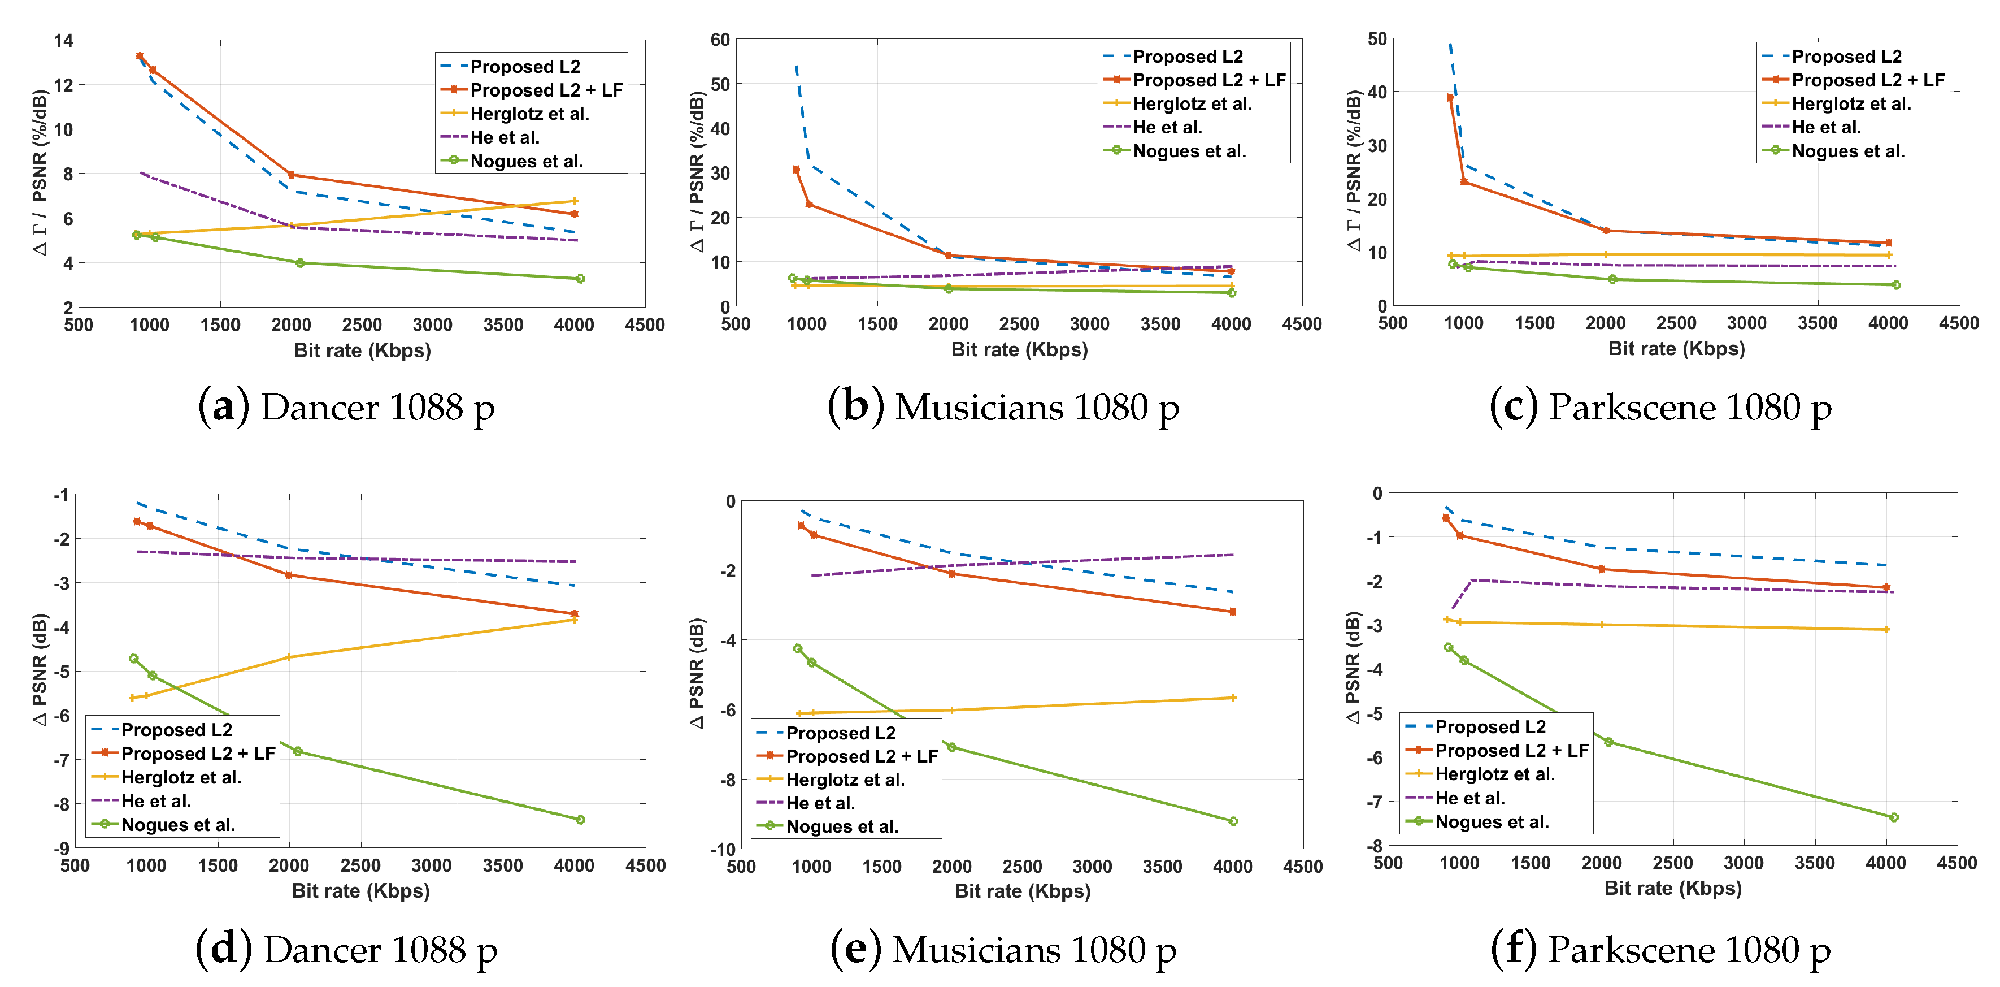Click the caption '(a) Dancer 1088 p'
346,407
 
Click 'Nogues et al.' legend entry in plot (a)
525,162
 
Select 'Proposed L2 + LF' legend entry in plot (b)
1208,80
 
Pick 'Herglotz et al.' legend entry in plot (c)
1851,103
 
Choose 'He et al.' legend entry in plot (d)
155,800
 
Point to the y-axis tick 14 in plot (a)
64,40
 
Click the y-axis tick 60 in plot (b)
720,40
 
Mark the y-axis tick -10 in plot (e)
722,849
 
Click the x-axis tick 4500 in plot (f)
1956,863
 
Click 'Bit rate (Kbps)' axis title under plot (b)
1019,349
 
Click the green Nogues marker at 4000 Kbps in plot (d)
580,819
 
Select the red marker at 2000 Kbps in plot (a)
291,175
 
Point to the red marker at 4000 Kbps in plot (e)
1232,612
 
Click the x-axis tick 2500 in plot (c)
1676,323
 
